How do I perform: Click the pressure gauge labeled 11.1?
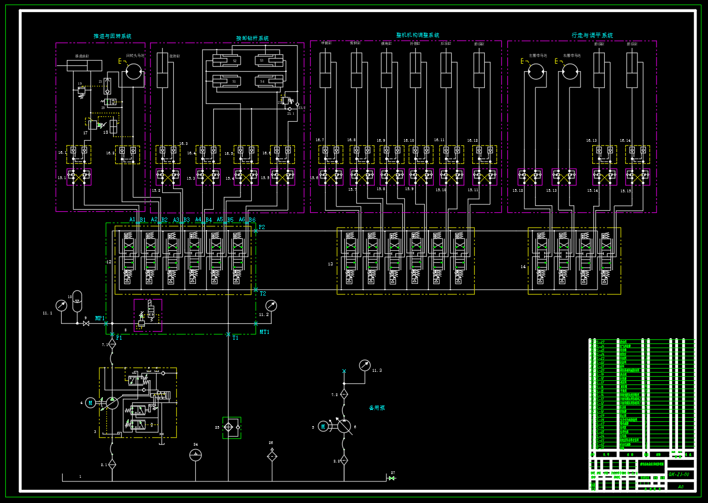62,305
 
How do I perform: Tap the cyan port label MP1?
99,319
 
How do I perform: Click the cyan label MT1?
264,332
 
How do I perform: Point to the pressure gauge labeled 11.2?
271,305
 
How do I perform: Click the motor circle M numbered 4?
91,403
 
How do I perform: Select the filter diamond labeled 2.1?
112,464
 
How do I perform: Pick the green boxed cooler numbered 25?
231,428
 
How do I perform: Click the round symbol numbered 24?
195,455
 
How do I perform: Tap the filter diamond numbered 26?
272,457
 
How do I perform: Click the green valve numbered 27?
392,478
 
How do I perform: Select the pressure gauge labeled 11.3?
365,365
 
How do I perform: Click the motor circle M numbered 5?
323,427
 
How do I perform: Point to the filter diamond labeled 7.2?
344,394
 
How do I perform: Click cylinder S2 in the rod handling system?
227,61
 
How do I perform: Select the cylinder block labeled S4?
268,81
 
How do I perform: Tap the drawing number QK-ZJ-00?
679,475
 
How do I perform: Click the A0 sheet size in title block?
681,487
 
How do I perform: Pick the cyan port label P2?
262,228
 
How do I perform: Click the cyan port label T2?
263,294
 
